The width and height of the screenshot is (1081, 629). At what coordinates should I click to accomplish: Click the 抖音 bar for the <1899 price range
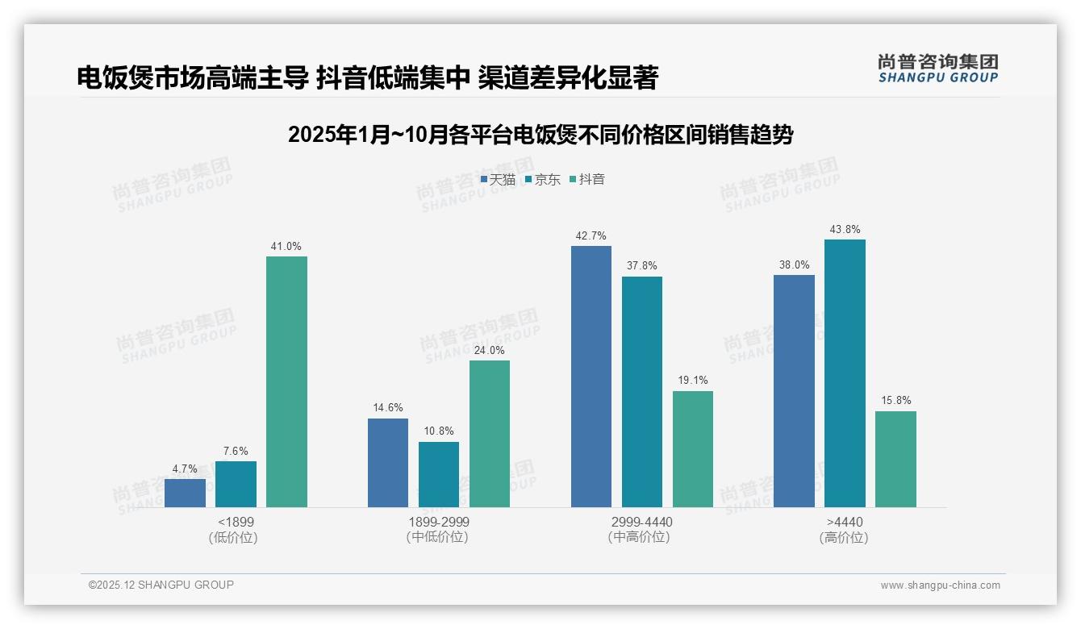click(286, 381)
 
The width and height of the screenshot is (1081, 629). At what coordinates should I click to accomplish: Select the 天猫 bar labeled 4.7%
click(185, 493)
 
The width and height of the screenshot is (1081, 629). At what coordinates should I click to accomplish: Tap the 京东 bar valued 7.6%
click(236, 484)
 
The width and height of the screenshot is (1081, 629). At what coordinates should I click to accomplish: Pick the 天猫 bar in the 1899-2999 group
click(388, 463)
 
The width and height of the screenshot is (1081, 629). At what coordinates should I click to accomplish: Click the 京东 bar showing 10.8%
click(439, 474)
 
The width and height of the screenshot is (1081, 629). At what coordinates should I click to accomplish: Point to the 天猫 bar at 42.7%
click(591, 377)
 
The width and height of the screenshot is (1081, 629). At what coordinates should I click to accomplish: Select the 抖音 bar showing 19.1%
click(693, 449)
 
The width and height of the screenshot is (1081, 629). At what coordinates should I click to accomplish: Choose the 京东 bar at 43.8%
click(845, 373)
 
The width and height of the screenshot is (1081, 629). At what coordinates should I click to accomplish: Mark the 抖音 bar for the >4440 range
click(895, 459)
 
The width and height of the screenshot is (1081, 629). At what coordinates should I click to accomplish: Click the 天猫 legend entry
click(498, 180)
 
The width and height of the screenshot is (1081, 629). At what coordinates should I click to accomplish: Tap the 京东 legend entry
click(542, 180)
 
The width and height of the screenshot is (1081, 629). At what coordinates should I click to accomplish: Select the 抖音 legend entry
click(587, 180)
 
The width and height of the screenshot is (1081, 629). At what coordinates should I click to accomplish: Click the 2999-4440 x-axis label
click(642, 522)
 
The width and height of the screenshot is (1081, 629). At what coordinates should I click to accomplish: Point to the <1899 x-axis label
click(236, 522)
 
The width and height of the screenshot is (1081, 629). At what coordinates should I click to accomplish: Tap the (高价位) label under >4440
click(844, 537)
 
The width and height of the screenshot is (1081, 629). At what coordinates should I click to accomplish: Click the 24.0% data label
click(490, 351)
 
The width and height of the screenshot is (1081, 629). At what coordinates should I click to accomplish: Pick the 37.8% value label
click(642, 266)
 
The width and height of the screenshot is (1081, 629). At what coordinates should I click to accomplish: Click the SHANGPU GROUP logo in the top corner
click(937, 69)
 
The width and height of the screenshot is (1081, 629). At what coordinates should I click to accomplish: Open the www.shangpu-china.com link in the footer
click(940, 585)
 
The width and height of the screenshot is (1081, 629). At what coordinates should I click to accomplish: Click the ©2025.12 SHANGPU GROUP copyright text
click(161, 585)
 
